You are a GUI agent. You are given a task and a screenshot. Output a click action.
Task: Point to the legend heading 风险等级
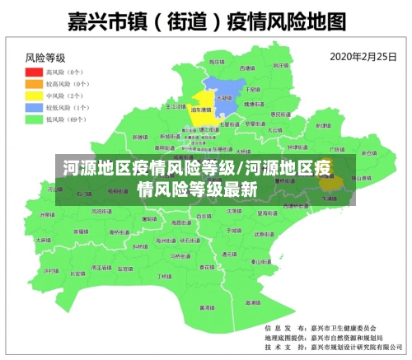coord(45,58)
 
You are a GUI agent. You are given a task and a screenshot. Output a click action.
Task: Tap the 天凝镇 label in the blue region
coord(223,96)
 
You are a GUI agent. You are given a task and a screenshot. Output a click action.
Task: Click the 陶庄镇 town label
coord(216,62)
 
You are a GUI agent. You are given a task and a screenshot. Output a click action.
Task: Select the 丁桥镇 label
coord(164,276)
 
